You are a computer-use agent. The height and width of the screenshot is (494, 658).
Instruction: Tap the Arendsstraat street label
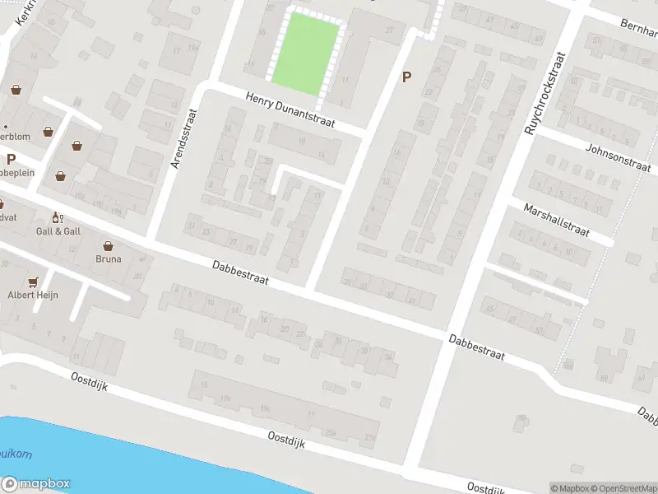183,142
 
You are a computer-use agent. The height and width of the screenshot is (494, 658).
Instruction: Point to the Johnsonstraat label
614,157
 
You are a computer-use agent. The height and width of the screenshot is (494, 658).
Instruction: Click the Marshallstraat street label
557,220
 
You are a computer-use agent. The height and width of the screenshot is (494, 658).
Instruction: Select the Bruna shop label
109,259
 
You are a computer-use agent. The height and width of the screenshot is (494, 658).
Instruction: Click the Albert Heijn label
33,295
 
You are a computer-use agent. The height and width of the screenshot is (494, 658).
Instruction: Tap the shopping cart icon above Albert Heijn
33,282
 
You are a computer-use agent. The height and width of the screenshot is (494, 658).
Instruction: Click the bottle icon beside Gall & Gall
57,217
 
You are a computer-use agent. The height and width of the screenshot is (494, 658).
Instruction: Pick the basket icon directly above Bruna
109,245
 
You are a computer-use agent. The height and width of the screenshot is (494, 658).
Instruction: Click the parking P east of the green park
405,77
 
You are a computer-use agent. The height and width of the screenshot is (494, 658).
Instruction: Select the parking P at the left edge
11,159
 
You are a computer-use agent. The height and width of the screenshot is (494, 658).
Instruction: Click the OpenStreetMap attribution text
623,488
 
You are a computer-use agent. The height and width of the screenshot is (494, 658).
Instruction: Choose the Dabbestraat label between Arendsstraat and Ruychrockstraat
240,273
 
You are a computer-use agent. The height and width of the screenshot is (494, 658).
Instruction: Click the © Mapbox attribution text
570,488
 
